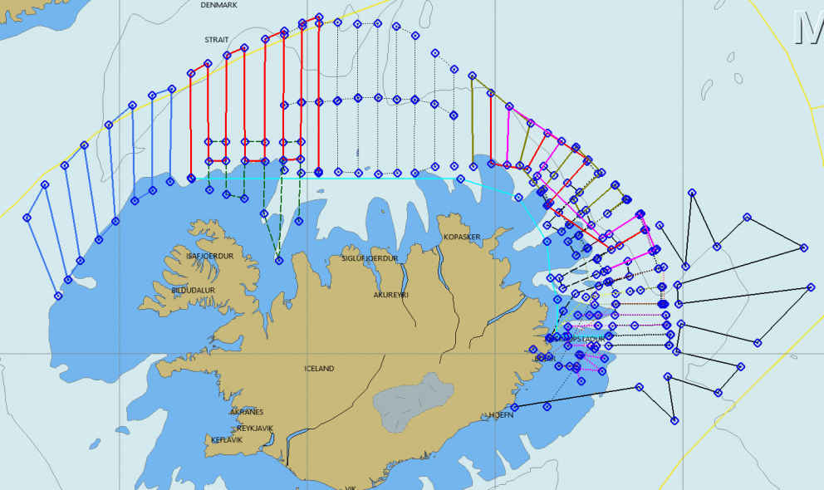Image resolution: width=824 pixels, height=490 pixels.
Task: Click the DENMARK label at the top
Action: (x=219, y=5)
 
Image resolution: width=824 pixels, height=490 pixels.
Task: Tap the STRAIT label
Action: (x=216, y=40)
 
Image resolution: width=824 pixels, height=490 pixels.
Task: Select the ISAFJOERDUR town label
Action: (x=210, y=257)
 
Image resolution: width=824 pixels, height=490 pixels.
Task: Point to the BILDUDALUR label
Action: (x=194, y=291)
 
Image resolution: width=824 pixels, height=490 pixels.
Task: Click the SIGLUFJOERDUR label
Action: (x=370, y=258)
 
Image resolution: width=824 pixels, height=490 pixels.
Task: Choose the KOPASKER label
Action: (x=463, y=238)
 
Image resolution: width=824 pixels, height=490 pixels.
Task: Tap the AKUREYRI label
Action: (x=393, y=295)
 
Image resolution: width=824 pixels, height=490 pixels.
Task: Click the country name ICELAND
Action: (x=319, y=369)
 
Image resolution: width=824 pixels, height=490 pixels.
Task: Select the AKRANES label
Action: (x=246, y=412)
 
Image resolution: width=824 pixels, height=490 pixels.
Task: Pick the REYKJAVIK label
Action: (x=255, y=429)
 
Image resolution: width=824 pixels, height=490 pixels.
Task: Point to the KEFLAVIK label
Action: (x=227, y=440)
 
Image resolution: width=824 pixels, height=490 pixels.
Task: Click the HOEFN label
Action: (x=502, y=415)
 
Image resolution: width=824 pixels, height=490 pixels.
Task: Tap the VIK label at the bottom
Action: (x=350, y=488)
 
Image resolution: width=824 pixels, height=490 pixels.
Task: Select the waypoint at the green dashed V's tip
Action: (x=279, y=261)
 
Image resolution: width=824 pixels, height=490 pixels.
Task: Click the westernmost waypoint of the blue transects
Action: (x=27, y=218)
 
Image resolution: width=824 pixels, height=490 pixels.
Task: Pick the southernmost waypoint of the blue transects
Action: (x=58, y=296)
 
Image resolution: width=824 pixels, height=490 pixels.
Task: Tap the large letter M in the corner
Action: (x=807, y=27)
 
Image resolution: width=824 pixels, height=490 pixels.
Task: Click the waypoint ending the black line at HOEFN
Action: (x=515, y=407)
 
